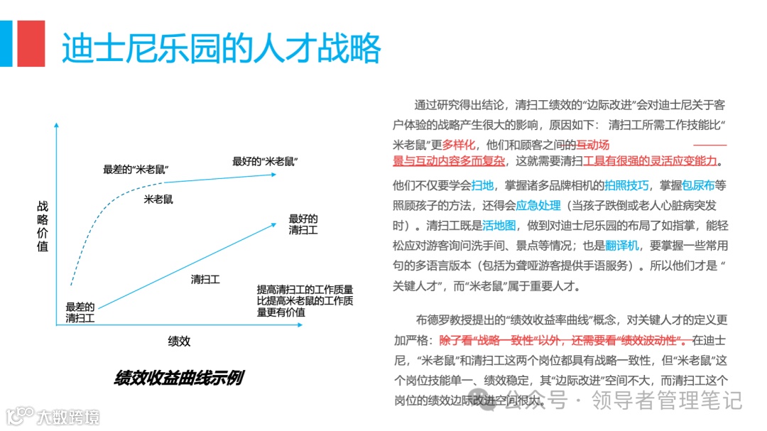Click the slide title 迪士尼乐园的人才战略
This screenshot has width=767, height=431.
(x=221, y=48)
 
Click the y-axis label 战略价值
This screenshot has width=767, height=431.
(x=43, y=227)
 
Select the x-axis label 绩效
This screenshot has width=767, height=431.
(x=179, y=341)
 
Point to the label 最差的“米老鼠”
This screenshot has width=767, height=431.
(x=139, y=169)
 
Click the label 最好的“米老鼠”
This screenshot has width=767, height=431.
(x=265, y=161)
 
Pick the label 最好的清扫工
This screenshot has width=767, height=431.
(x=303, y=224)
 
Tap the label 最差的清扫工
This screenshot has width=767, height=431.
(x=80, y=313)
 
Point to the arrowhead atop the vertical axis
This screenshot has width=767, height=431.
(x=56, y=125)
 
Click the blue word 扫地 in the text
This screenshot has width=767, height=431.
(x=482, y=186)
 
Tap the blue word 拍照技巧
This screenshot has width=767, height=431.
(x=626, y=186)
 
